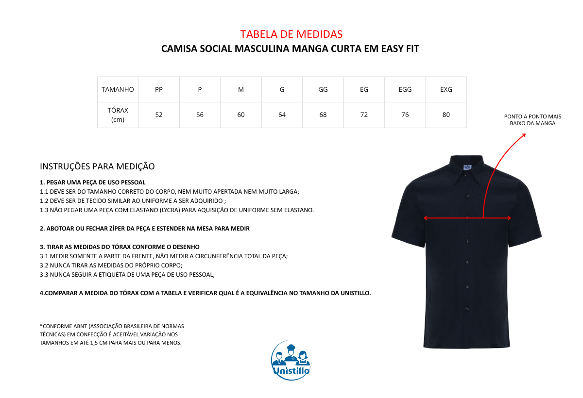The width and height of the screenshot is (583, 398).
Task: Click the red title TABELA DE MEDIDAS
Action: (x=291, y=34)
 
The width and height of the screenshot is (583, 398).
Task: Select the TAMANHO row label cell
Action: (x=118, y=89)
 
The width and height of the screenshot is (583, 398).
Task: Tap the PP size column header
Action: (x=159, y=89)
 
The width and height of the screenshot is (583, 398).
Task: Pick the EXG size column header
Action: (x=446, y=89)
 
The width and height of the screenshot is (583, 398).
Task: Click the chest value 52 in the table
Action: (x=159, y=115)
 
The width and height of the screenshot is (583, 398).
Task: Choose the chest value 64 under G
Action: (x=282, y=115)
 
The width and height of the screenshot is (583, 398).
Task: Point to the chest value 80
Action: (x=446, y=115)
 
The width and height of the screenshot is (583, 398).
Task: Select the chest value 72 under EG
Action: (x=364, y=115)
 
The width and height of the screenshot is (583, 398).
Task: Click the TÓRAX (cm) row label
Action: (x=118, y=115)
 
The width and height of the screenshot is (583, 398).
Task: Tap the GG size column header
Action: (x=323, y=89)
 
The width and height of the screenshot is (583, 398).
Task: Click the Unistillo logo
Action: (x=291, y=360)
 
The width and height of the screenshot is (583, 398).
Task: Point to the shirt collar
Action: (x=466, y=167)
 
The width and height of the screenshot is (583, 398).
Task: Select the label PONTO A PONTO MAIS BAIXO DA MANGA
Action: (x=532, y=120)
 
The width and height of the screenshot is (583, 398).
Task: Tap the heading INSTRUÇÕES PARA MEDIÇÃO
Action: (x=97, y=166)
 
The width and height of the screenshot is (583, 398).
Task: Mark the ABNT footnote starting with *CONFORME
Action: (x=112, y=334)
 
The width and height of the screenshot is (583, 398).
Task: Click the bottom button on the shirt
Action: (x=467, y=309)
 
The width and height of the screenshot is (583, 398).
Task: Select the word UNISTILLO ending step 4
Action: (x=351, y=293)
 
